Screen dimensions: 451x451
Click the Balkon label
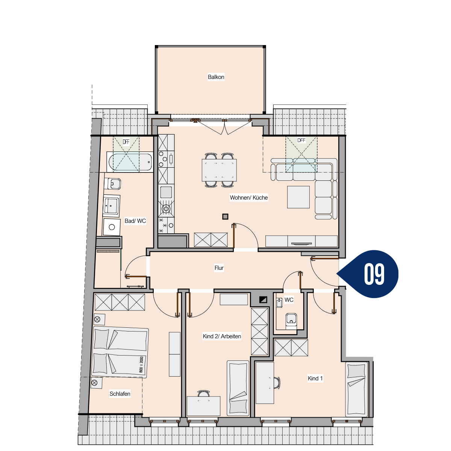point(216,77)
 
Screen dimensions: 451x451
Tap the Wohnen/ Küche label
point(248,198)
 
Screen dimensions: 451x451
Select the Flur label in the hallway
point(219,268)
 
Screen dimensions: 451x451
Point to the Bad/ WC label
point(135,221)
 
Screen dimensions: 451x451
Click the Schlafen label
point(120,394)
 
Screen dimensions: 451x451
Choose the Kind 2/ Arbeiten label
point(222,336)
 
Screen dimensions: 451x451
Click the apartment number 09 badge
point(370,274)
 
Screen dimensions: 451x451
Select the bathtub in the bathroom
point(130,162)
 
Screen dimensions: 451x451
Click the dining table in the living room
point(219,170)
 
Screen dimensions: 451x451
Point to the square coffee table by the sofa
point(298,197)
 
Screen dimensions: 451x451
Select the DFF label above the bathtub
point(126,142)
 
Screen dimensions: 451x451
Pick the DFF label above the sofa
point(301,141)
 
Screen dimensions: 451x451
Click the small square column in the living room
point(225,216)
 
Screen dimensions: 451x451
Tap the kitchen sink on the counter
point(166,192)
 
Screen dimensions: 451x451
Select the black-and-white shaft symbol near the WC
point(263,300)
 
